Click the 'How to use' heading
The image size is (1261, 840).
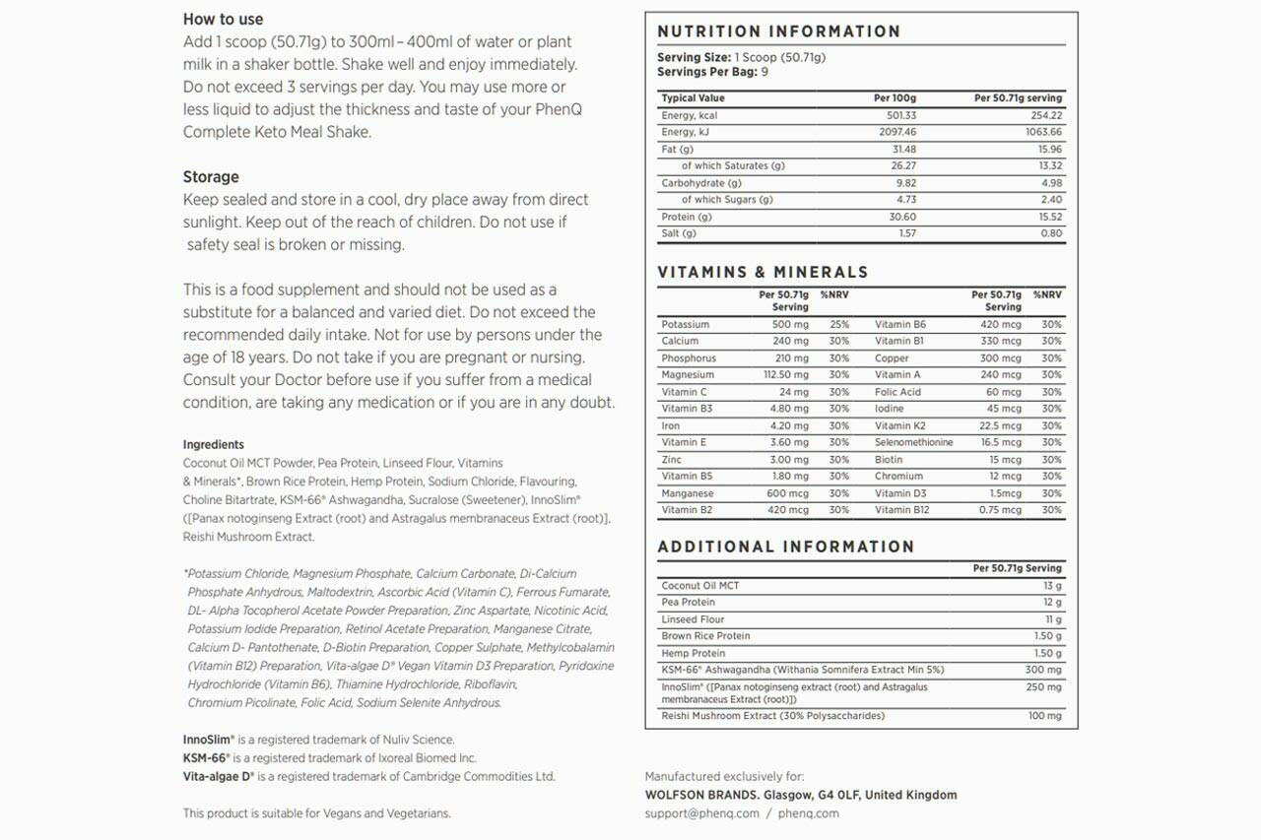click(223, 19)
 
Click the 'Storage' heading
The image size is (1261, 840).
click(211, 177)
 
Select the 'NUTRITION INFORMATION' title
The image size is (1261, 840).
click(778, 32)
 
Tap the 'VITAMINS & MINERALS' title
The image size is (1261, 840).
click(763, 272)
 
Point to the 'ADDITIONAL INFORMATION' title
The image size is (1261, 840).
click(785, 547)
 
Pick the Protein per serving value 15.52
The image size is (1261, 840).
click(1049, 217)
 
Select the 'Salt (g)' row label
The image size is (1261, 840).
click(679, 233)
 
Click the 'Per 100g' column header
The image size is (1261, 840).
click(895, 98)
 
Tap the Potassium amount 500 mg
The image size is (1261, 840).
click(789, 325)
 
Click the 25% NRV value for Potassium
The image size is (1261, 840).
click(838, 325)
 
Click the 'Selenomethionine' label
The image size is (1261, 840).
click(913, 443)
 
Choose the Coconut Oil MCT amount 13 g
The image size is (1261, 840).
click(1052, 586)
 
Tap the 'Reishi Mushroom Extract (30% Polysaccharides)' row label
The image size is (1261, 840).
click(772, 716)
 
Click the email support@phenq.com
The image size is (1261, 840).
click(701, 813)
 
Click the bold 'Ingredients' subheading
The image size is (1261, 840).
click(213, 445)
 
